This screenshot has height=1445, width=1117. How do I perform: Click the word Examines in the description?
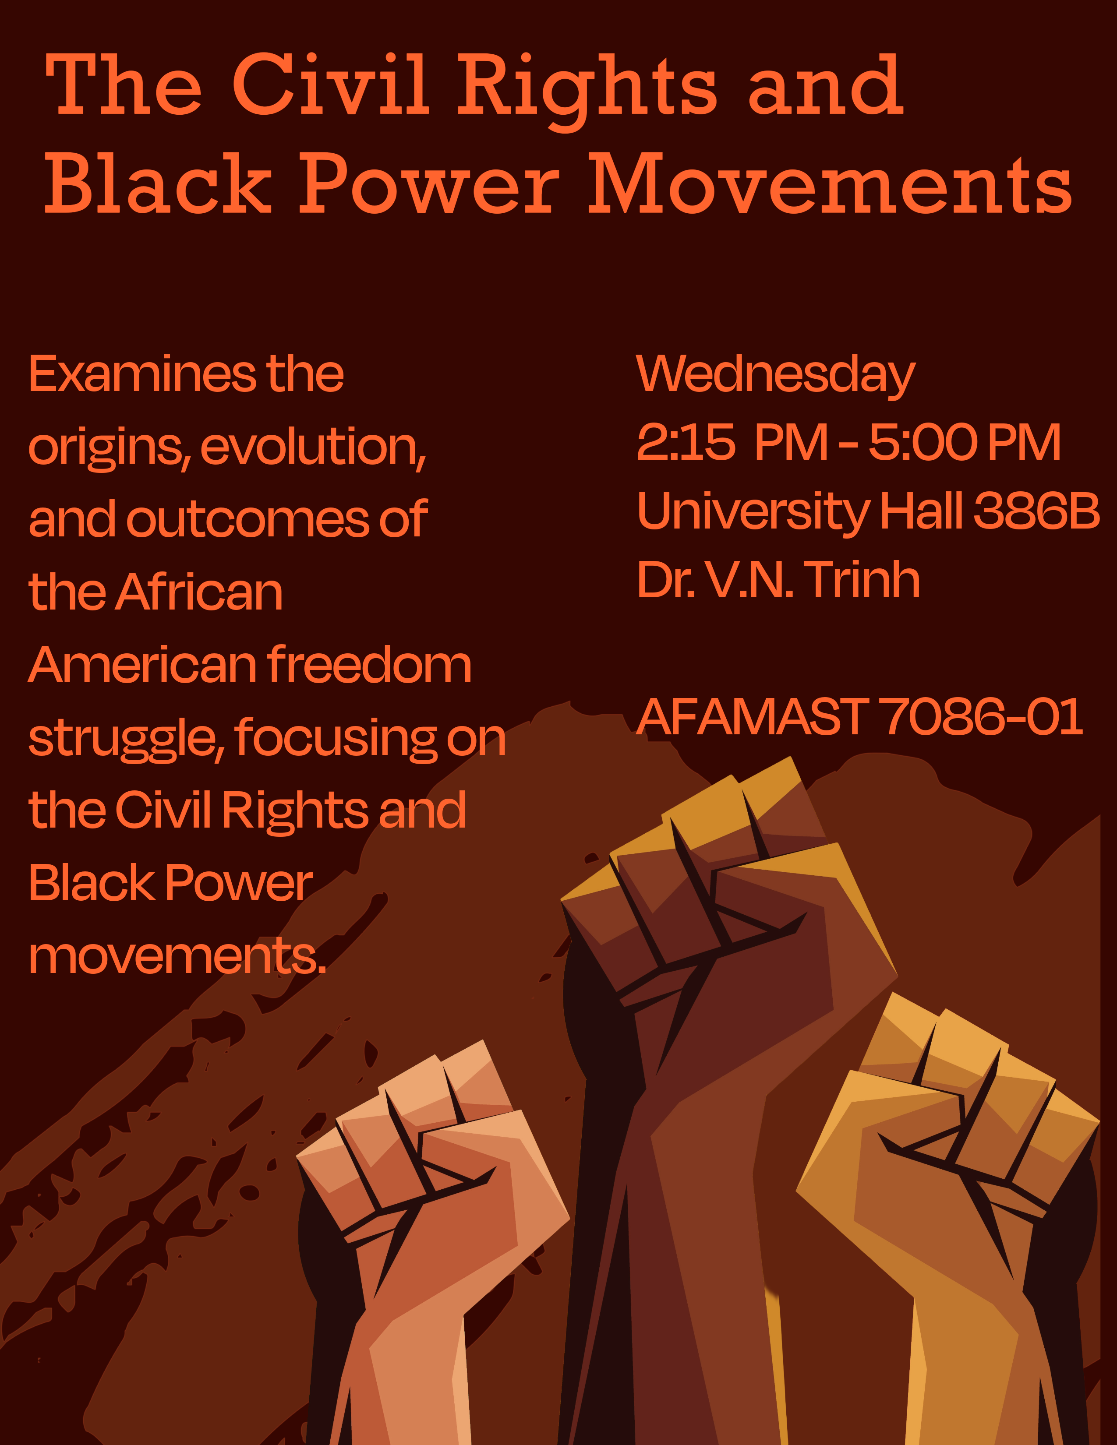coord(143,374)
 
